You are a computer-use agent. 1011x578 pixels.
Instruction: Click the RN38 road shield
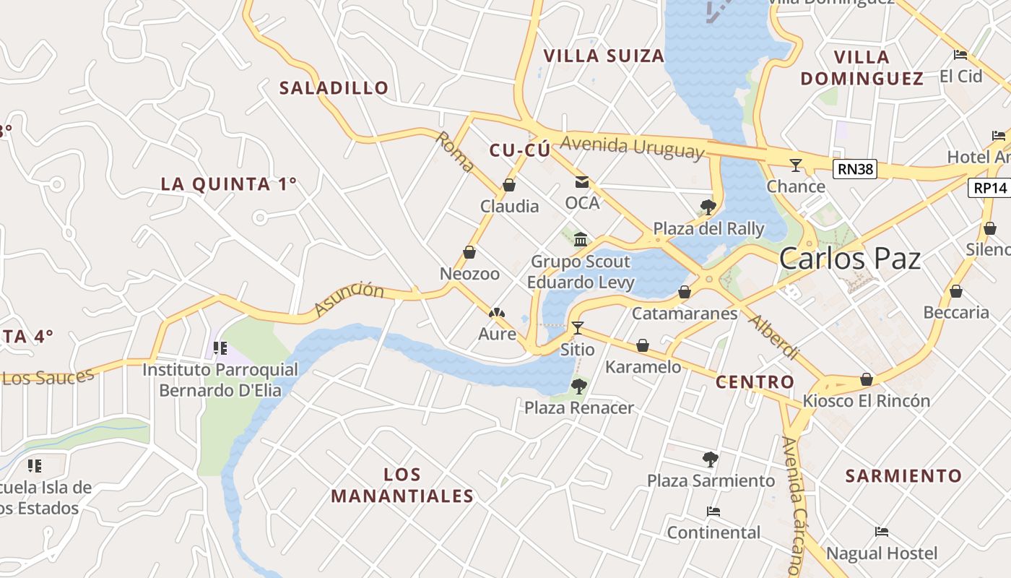855,170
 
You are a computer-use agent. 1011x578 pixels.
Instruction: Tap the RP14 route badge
989,188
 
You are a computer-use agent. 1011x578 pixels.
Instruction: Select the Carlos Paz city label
850,259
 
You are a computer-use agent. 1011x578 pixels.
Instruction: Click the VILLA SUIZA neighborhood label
604,56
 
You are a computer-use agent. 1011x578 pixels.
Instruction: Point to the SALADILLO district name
334,88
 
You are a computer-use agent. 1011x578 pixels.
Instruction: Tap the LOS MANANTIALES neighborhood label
402,486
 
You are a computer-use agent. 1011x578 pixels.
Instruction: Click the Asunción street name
349,299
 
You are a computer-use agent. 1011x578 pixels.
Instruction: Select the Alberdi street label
773,337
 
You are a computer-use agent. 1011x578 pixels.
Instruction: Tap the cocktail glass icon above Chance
796,165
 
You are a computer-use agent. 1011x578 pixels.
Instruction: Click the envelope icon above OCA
582,182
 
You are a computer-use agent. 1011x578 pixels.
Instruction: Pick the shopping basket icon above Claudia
509,186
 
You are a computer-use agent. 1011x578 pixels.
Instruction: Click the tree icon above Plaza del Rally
708,207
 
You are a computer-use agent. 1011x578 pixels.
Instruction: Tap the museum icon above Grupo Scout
581,239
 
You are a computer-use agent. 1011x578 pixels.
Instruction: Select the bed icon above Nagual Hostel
882,532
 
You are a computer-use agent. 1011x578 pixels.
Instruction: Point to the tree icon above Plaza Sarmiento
711,459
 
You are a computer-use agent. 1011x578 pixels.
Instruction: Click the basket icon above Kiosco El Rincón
867,379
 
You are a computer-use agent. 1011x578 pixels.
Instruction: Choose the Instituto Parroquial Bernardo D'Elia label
220,380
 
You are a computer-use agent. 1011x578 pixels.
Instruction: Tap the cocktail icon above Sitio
578,328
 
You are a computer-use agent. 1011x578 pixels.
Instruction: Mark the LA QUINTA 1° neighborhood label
228,184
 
